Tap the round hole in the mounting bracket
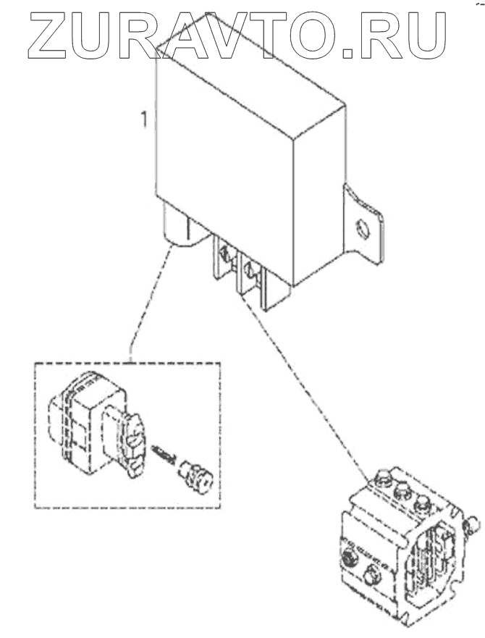point(363,231)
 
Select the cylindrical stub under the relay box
point(177,228)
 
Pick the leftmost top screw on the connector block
point(381,479)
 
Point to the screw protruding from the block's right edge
point(471,521)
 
